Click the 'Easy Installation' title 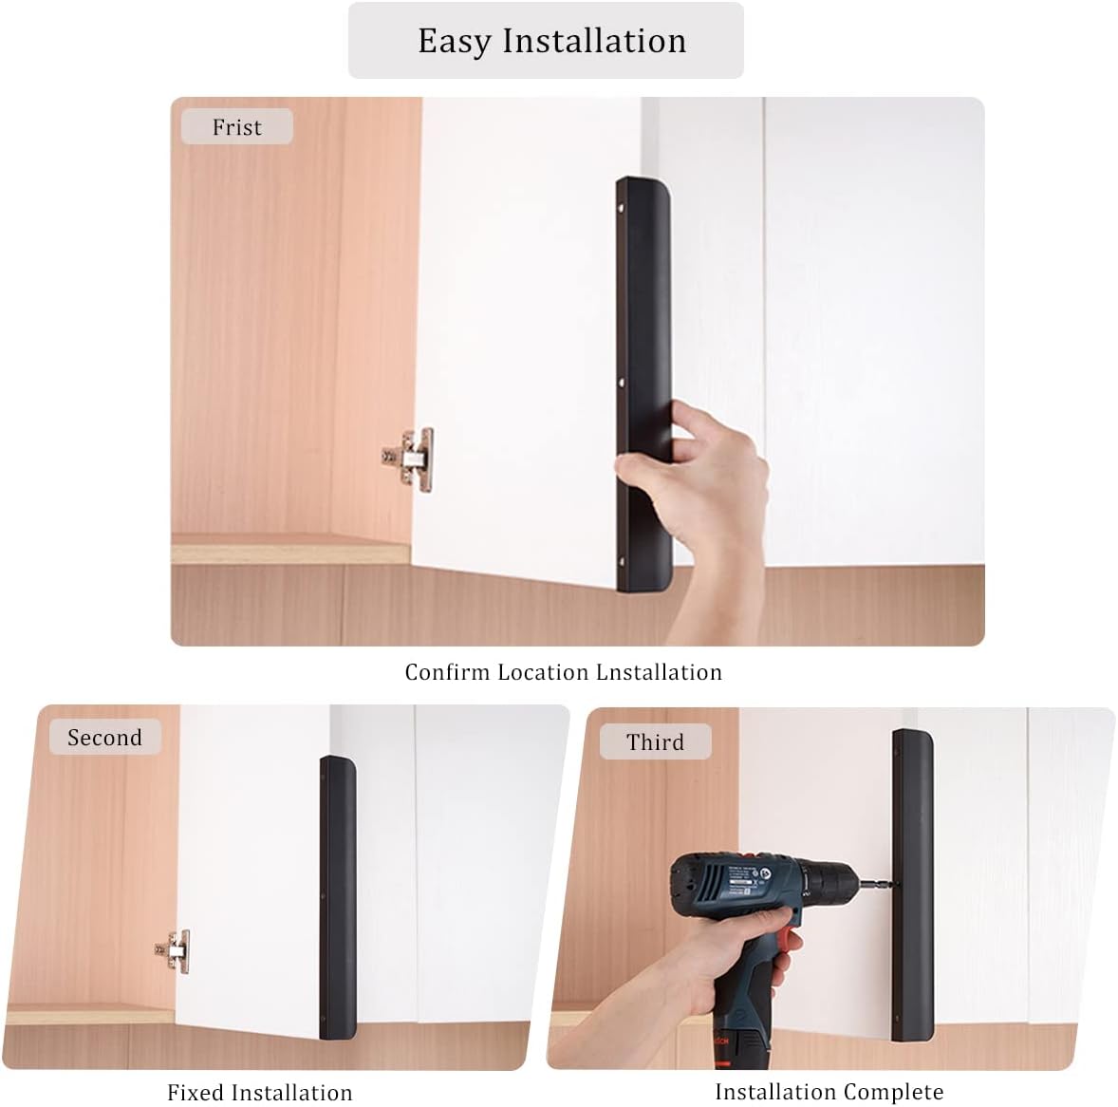pyautogui.click(x=551, y=41)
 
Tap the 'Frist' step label pyautogui.click(x=236, y=127)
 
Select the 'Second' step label pyautogui.click(x=104, y=738)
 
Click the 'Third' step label pyautogui.click(x=655, y=742)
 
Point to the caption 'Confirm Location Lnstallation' pyautogui.click(x=563, y=672)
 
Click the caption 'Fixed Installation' pyautogui.click(x=260, y=1093)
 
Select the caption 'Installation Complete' pyautogui.click(x=829, y=1092)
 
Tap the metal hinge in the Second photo pyautogui.click(x=174, y=949)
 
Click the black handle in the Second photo pyautogui.click(x=337, y=892)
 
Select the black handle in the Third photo pyautogui.click(x=913, y=883)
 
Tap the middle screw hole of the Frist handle pyautogui.click(x=623, y=385)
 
